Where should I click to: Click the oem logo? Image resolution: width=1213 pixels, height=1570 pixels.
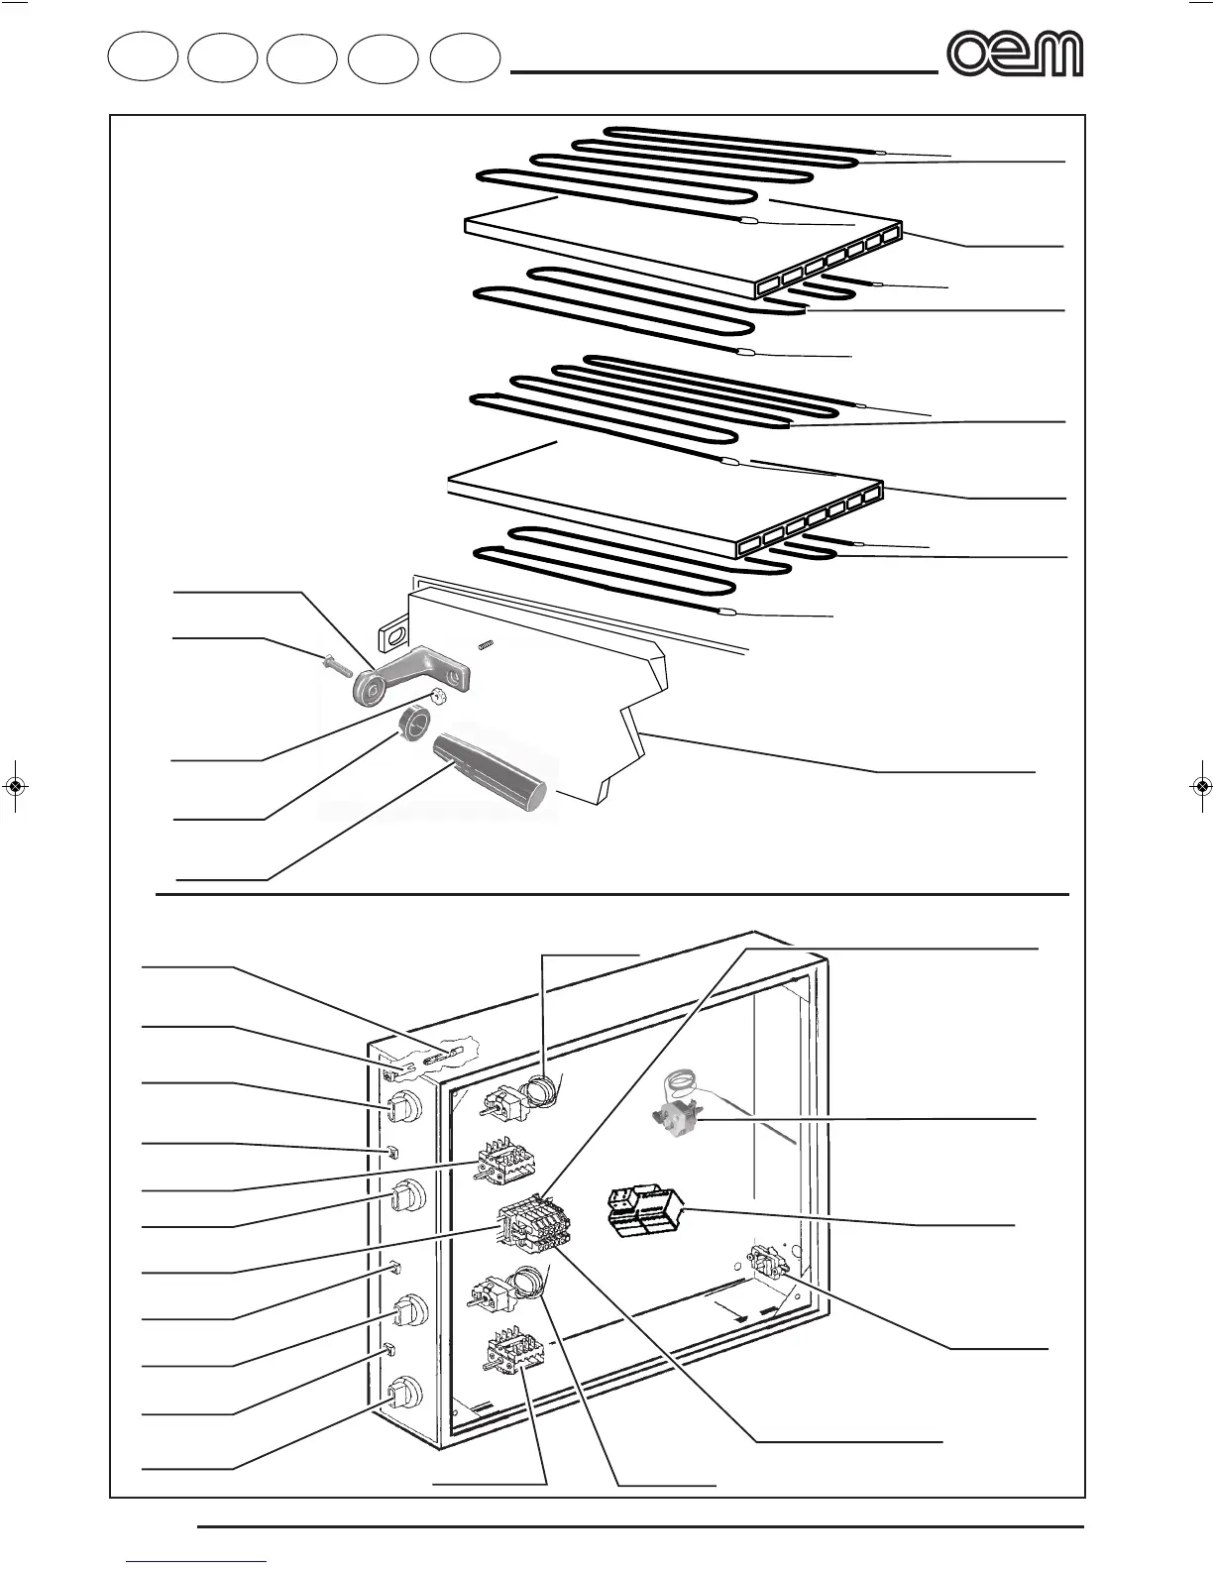1014,54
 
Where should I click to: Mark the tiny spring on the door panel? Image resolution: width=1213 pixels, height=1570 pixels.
486,646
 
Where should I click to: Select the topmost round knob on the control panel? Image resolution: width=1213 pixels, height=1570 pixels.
403,1108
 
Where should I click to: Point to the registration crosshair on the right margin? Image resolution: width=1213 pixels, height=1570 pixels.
1200,786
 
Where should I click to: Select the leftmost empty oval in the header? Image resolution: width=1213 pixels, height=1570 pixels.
143,56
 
